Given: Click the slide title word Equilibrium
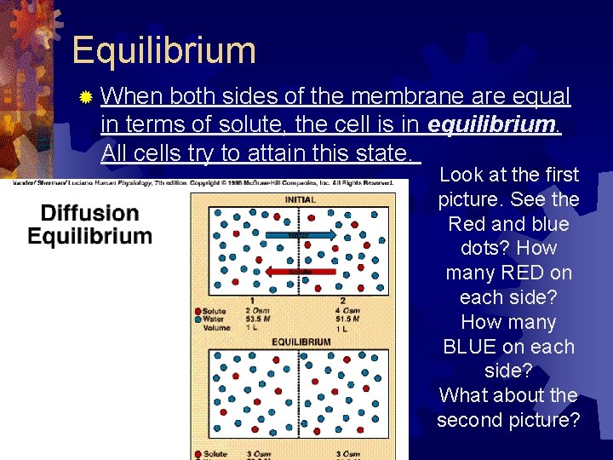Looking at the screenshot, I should click(164, 50).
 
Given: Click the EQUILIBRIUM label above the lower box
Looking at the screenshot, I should click(301, 342).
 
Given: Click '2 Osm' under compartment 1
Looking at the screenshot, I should click(258, 311).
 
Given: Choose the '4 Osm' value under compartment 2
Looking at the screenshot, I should click(349, 311).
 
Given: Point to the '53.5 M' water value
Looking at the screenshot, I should click(260, 319).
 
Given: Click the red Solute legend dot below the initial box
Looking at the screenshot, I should click(198, 311).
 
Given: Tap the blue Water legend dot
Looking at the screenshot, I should click(198, 319).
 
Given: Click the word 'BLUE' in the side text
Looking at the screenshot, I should click(473, 347).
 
